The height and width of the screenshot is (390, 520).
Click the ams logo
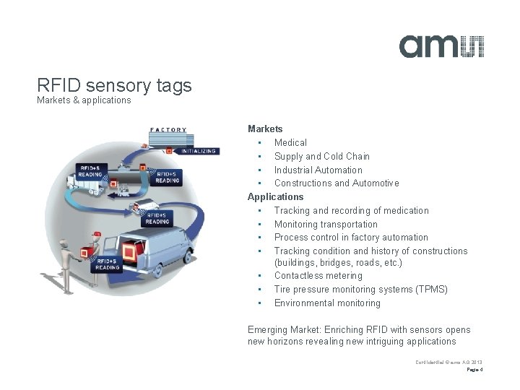coord(441,45)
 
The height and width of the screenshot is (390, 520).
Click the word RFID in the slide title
coord(59,86)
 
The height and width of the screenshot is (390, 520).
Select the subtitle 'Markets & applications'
coord(84,100)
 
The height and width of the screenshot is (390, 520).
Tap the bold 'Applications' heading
coord(276,196)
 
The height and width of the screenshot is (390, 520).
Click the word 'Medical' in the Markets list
coord(290,142)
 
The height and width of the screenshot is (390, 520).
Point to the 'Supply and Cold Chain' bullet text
coord(321,156)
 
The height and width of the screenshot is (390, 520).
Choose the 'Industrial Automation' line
coord(318,170)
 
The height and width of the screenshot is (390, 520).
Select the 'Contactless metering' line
coord(318,275)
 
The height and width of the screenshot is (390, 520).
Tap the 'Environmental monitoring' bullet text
coord(326,303)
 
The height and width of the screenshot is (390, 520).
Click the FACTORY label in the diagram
coord(168,130)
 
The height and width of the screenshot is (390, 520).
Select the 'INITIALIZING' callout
coord(196,152)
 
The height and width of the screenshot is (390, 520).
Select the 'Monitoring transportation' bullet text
coord(325,224)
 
